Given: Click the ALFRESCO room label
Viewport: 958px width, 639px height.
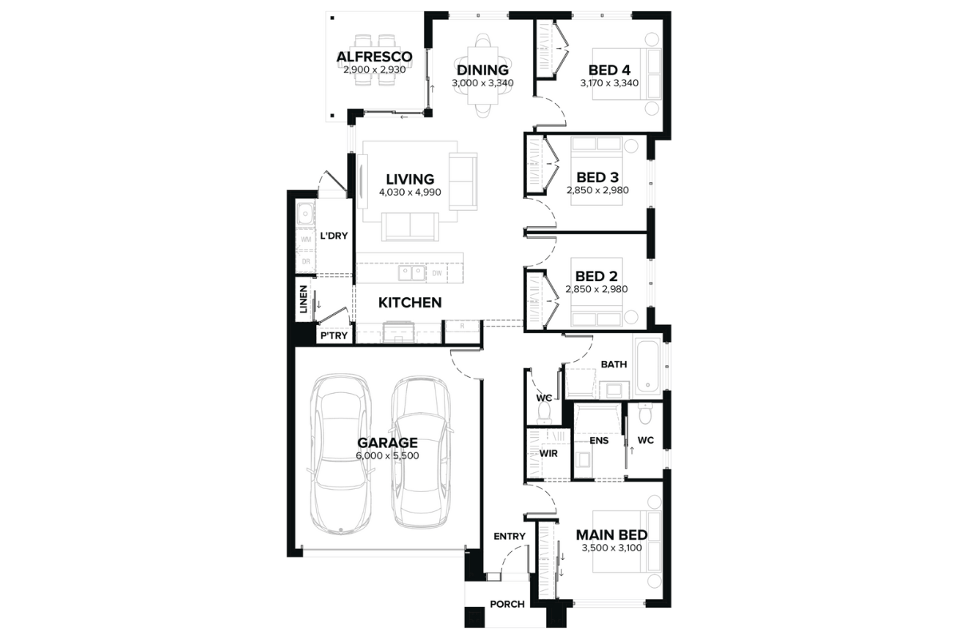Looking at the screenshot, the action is coord(374,57).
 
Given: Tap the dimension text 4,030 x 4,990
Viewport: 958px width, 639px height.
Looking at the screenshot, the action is coord(410,192).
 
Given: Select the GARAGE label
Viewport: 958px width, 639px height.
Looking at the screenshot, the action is coord(387,443).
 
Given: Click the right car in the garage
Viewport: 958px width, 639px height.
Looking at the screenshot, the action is coord(422,453).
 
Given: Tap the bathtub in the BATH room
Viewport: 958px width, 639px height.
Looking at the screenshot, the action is coord(648,366).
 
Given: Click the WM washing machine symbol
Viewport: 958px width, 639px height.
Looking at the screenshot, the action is coord(306,240).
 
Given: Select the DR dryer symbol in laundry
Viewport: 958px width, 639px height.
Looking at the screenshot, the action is coord(306,261).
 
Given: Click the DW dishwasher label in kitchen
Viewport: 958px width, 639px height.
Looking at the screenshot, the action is coord(437,273).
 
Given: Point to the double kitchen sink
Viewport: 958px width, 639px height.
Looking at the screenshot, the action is coord(412,273).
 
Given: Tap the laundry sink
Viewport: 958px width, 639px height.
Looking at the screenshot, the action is coord(305,214).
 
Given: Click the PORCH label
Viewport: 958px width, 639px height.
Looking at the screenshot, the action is coord(507,605).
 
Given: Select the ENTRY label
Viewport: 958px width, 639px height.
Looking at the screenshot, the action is coord(509,536).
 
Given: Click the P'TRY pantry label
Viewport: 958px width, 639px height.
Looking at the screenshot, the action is coord(334,335).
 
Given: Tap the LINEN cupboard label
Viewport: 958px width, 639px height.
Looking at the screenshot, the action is coord(303,300).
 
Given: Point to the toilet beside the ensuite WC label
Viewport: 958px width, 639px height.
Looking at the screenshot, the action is coord(644,413).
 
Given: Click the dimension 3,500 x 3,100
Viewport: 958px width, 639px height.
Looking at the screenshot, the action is coord(612,548).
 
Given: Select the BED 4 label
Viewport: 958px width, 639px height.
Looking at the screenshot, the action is coord(609,69).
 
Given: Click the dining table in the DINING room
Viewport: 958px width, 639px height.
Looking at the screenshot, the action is coord(483,75).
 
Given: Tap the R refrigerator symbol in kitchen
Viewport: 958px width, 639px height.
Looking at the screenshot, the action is coord(462,326).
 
